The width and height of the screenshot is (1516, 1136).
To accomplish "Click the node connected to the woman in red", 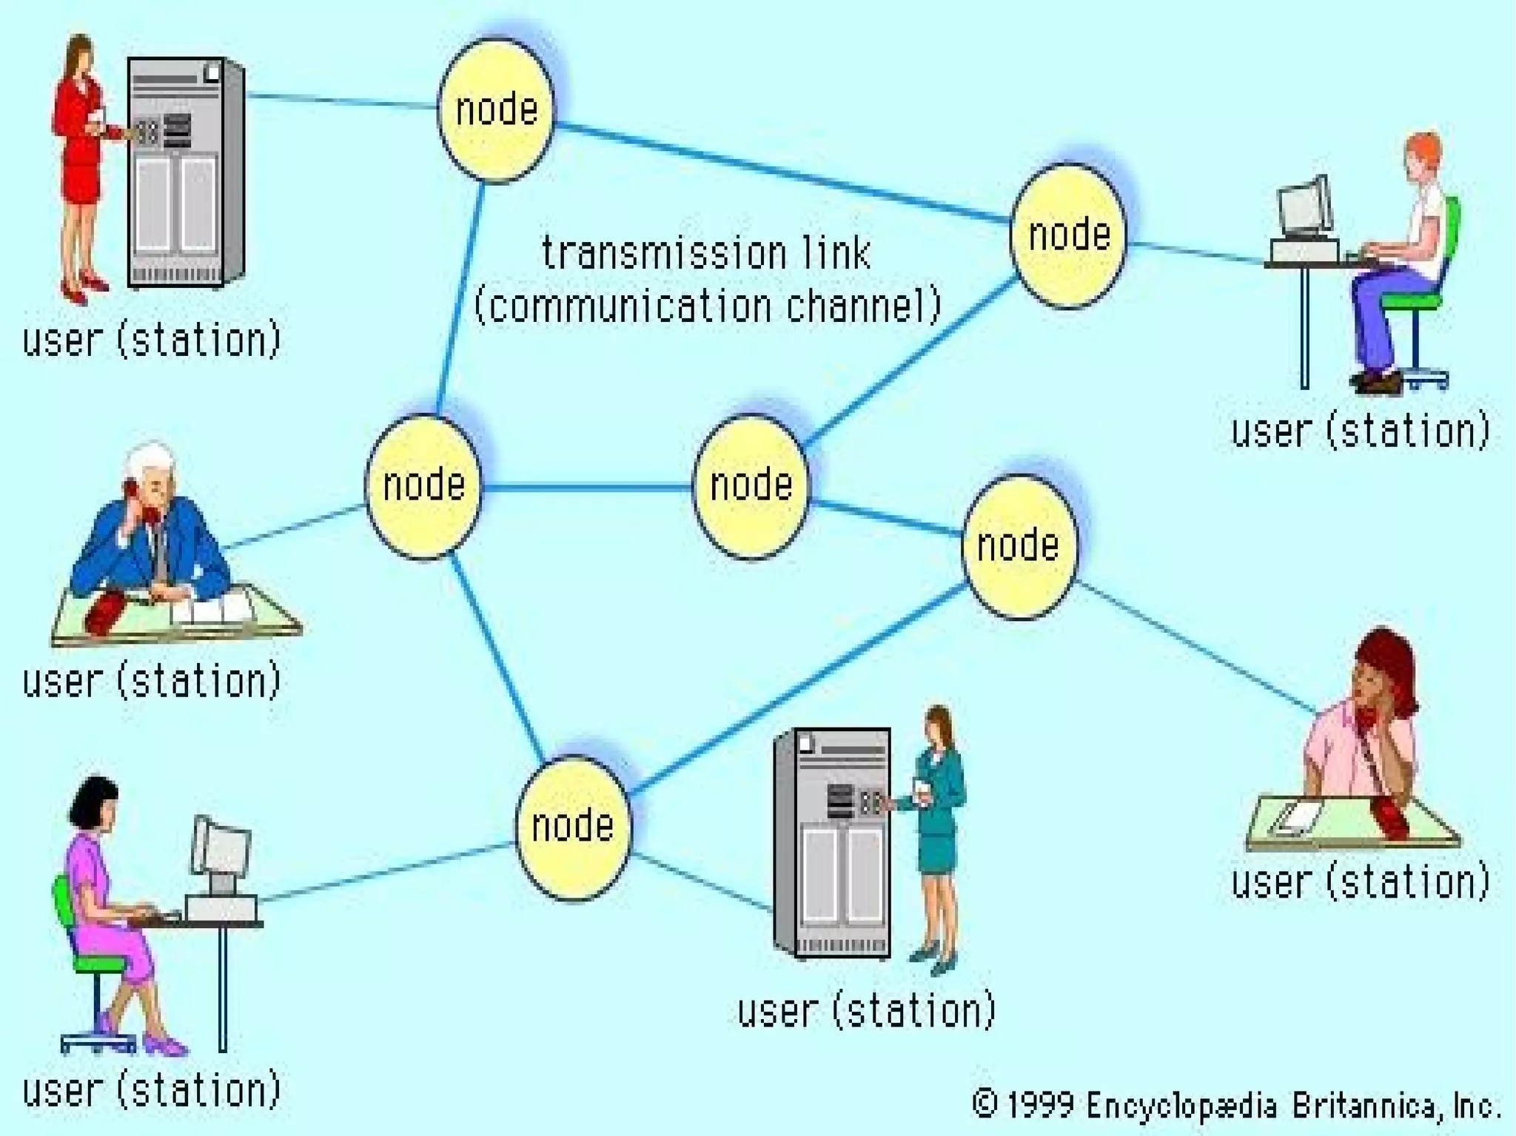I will click(x=496, y=110).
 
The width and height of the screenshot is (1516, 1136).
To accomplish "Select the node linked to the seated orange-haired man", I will click(x=1068, y=235).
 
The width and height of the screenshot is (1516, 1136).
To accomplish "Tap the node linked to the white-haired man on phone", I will click(x=423, y=485).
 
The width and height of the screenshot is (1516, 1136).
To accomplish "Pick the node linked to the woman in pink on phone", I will click(x=1019, y=546).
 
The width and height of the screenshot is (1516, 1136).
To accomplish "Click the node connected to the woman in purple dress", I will click(x=572, y=827).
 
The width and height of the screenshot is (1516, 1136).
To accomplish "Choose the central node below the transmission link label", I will click(x=751, y=485).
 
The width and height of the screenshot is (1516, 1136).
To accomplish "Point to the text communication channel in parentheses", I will click(x=707, y=305).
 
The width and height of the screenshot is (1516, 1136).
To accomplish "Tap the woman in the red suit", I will click(x=80, y=163).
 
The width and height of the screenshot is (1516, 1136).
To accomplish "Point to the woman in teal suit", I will click(x=937, y=829).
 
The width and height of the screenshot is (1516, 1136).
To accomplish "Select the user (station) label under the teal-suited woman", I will click(x=866, y=1011).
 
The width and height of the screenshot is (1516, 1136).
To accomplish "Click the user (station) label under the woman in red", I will click(x=152, y=340).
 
